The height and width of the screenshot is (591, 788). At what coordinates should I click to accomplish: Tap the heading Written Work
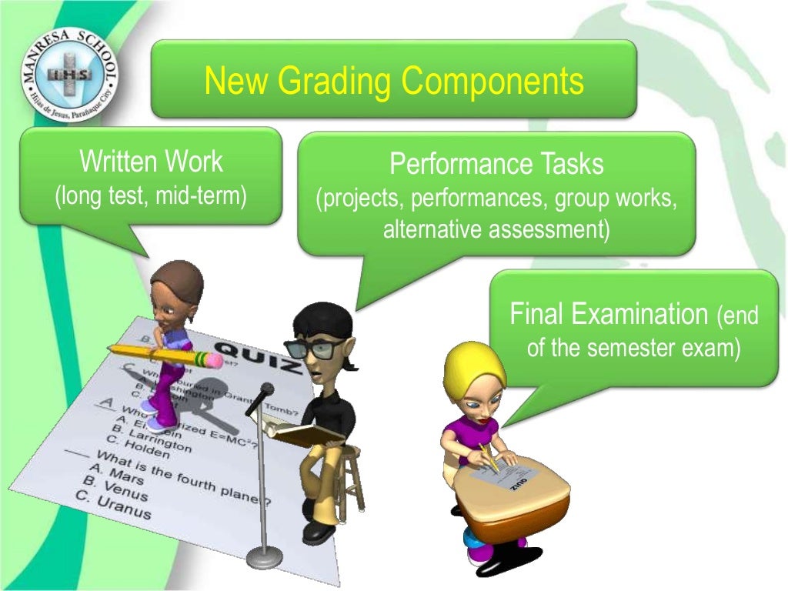point(151,162)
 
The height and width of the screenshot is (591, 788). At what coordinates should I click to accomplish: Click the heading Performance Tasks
point(496,164)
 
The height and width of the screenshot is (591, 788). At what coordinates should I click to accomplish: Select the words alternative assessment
point(496,229)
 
